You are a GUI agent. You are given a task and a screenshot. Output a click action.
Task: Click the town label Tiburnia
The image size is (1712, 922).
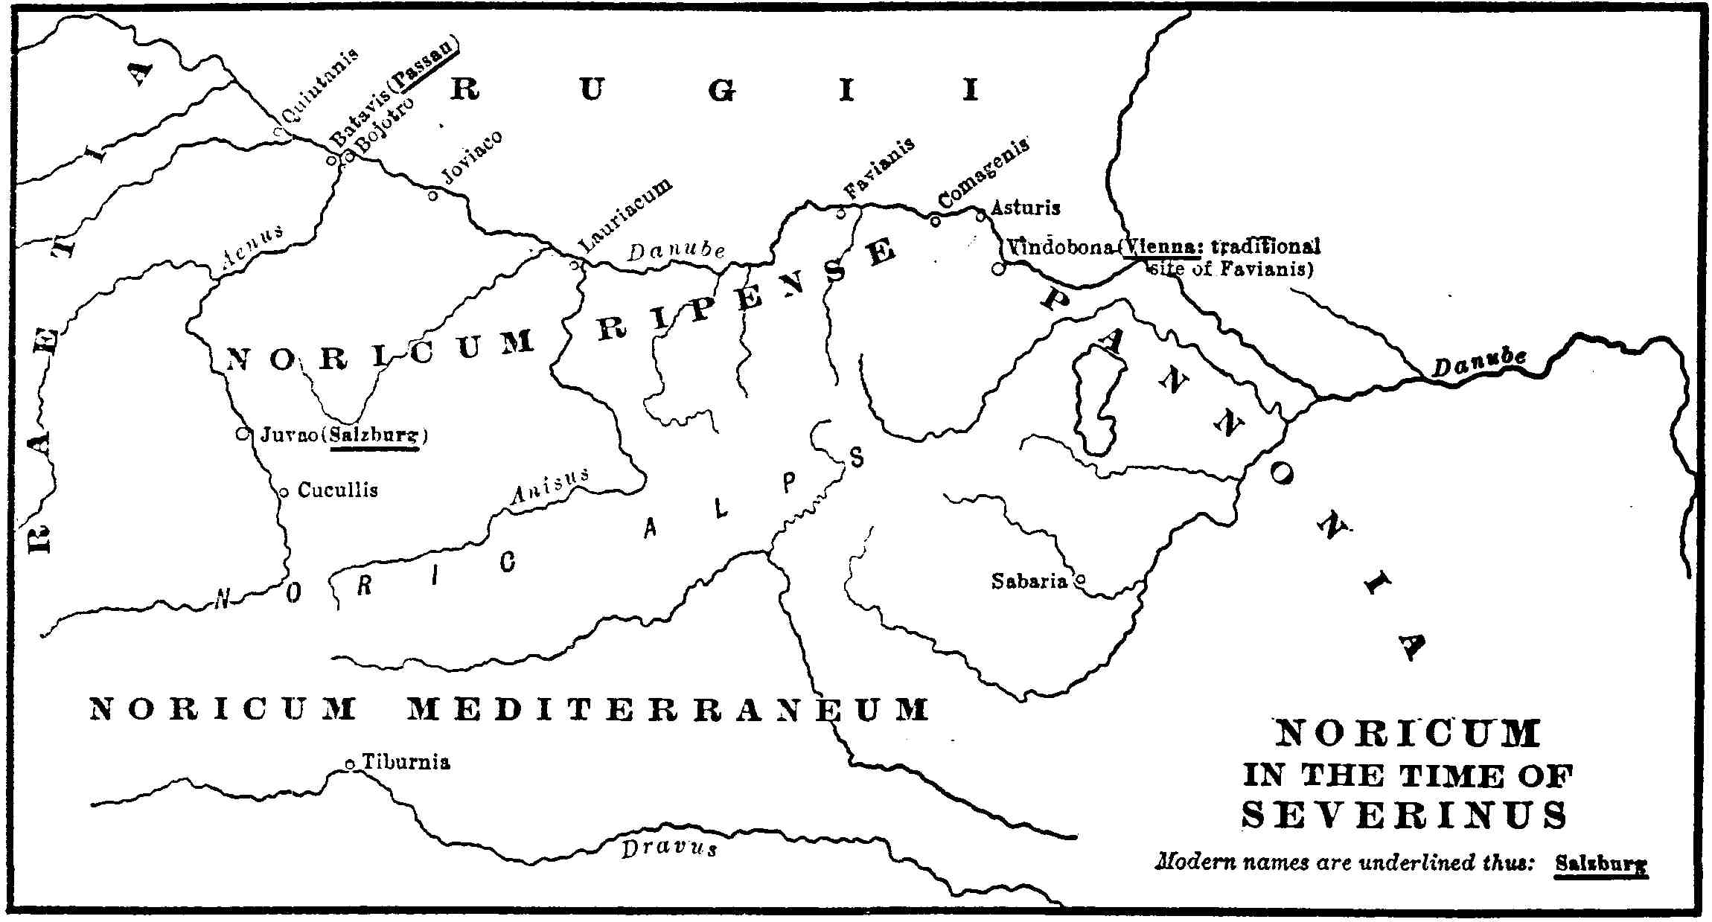click(406, 762)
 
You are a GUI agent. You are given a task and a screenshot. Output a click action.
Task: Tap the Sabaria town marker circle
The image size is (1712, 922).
click(1081, 579)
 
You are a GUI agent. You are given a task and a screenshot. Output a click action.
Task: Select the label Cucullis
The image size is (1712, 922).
click(338, 490)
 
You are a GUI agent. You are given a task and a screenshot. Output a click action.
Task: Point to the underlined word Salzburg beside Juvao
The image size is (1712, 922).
click(376, 435)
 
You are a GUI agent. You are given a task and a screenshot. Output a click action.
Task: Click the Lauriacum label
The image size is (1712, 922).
click(625, 216)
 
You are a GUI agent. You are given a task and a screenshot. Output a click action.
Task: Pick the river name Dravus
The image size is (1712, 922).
click(669, 848)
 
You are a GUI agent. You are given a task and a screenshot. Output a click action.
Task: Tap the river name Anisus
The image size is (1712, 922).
click(549, 488)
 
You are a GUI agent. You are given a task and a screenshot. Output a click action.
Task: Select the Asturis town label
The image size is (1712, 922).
click(1026, 208)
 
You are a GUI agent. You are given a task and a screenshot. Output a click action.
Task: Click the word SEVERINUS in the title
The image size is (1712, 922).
click(1405, 815)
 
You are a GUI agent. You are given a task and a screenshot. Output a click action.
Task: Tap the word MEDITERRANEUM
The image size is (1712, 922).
click(668, 709)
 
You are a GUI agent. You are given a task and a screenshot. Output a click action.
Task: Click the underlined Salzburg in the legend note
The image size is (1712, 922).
click(1600, 865)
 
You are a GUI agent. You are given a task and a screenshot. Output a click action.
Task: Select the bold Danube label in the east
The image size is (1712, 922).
click(1479, 362)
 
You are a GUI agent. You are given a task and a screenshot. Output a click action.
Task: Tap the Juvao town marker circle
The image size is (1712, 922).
click(241, 434)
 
